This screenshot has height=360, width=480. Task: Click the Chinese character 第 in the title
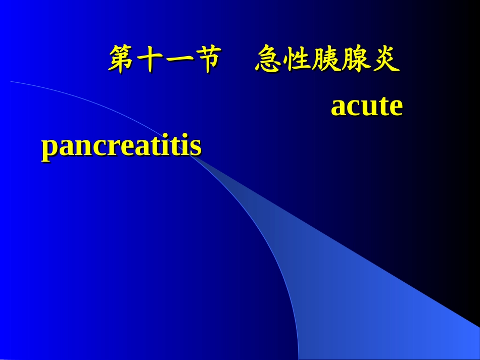click(x=123, y=60)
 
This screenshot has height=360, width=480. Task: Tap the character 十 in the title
click(x=151, y=60)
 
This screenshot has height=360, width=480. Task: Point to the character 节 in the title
click(x=208, y=60)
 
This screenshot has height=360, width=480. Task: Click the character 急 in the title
click(x=269, y=60)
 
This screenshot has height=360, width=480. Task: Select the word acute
click(x=367, y=107)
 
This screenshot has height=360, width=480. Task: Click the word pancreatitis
click(x=121, y=147)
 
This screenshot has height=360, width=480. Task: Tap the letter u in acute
click(x=369, y=108)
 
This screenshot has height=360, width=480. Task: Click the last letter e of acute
click(x=396, y=108)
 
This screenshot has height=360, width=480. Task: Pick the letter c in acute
click(x=354, y=108)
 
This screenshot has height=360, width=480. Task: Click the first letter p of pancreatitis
click(x=49, y=149)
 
